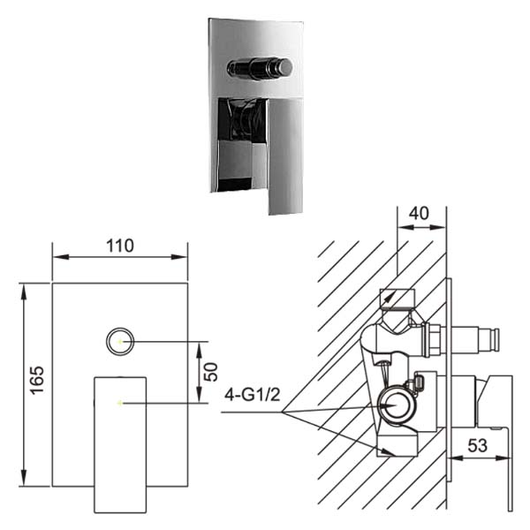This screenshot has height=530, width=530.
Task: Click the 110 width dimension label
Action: [x=120, y=246]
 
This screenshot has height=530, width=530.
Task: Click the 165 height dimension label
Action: [x=37, y=380]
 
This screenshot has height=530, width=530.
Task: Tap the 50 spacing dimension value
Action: [x=212, y=372]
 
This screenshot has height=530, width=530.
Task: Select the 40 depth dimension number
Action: [x=419, y=214]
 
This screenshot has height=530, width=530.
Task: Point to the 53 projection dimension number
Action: [x=477, y=445]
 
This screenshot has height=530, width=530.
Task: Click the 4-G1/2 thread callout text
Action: [x=252, y=395]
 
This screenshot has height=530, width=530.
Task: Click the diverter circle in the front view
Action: [x=120, y=341]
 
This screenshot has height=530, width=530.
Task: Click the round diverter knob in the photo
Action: [x=260, y=68]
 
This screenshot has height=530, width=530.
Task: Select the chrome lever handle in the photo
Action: [x=285, y=156]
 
